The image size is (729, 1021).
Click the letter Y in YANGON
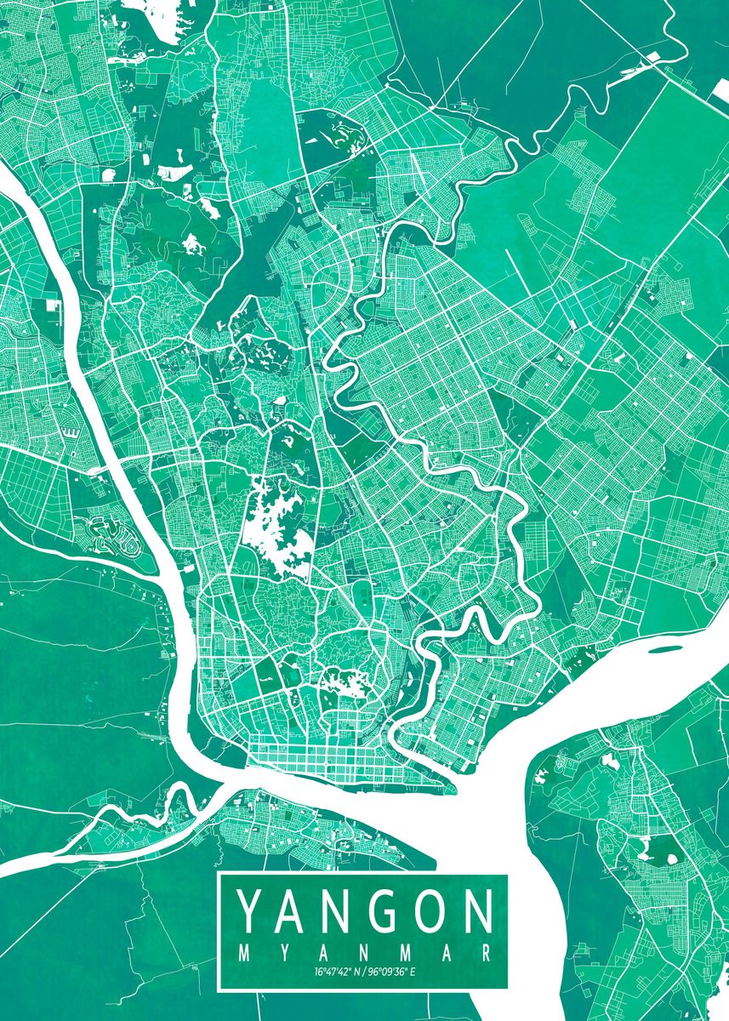pyautogui.click(x=249, y=912)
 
